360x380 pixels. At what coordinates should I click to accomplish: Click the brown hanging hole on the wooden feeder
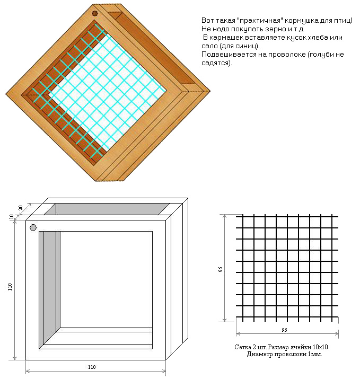tap(95, 13)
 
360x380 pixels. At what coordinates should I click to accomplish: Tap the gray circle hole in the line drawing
tap(33, 227)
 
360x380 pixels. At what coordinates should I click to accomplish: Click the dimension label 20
tap(21, 208)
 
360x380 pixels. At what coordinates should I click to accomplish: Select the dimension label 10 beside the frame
tap(12, 217)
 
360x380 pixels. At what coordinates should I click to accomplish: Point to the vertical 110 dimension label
tap(10, 287)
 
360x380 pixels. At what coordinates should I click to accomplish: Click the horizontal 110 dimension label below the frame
tap(92, 367)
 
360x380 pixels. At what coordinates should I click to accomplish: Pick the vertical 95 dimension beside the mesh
tap(221, 269)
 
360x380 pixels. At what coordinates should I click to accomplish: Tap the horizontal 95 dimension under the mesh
tap(285, 330)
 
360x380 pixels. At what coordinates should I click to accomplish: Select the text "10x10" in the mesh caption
tap(320, 347)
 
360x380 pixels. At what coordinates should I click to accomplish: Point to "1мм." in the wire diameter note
tap(315, 354)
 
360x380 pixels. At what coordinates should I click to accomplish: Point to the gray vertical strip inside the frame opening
tap(49, 288)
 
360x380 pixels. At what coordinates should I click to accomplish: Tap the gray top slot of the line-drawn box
tap(107, 209)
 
